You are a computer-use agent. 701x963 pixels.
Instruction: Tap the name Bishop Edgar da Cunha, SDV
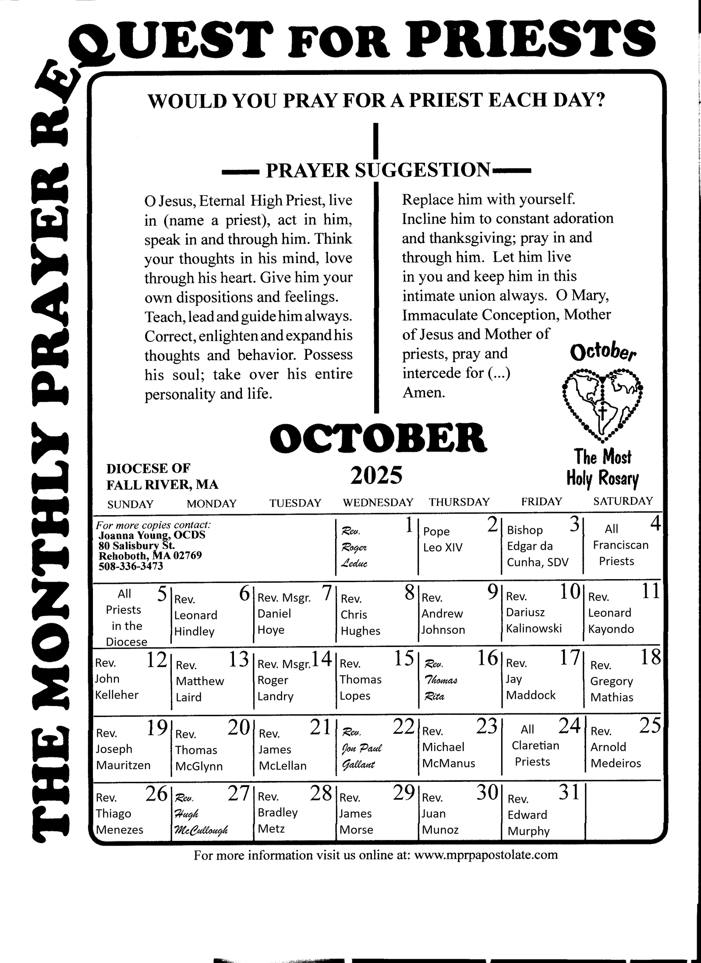coord(537,546)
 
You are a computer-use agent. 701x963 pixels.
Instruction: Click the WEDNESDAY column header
coord(378,502)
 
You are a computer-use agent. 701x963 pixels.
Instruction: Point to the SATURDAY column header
coord(623,501)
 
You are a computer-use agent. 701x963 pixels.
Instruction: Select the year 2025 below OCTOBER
coord(376,476)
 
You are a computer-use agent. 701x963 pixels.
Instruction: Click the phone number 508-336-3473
coord(131,566)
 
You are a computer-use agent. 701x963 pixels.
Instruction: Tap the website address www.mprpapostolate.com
coord(485,854)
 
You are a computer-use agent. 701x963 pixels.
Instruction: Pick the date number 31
coord(569,793)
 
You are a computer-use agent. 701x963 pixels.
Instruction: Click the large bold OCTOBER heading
coord(378,438)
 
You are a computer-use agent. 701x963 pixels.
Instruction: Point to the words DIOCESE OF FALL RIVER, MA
coord(162,476)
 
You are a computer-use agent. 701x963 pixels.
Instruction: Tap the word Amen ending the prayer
coord(424,393)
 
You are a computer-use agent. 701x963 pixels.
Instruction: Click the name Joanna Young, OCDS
coord(152,535)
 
